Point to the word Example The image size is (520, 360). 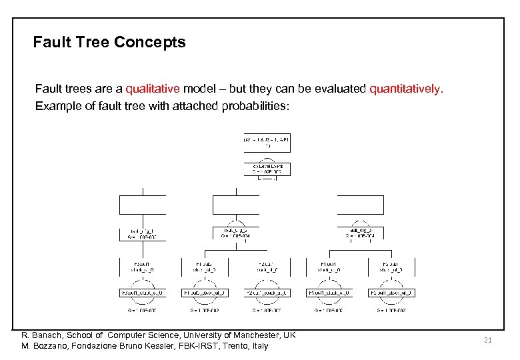tap(57, 106)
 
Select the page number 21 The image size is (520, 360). tap(487, 340)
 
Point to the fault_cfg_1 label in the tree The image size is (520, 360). tap(141, 230)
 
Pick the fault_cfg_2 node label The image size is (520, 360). tap(235, 230)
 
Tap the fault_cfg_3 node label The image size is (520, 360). tap(360, 230)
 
